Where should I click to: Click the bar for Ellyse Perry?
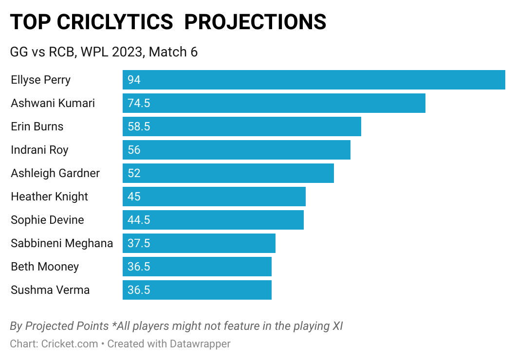[x=314, y=80]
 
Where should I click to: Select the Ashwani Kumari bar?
[x=274, y=103]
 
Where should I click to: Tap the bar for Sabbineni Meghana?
[x=199, y=243]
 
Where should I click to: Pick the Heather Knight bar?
[x=214, y=197]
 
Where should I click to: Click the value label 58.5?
[x=139, y=126]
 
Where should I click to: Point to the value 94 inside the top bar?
[x=134, y=80]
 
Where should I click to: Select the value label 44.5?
[x=139, y=220]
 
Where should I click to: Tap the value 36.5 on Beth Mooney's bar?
[x=139, y=267]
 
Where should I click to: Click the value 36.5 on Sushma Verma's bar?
[x=139, y=290]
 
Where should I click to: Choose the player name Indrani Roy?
[x=39, y=150]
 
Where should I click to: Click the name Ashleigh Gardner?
[x=55, y=173]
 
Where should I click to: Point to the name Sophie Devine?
[x=47, y=220]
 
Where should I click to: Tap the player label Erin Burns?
[x=37, y=126]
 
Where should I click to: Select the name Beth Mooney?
[x=45, y=267]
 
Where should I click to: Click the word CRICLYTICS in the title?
[x=115, y=22]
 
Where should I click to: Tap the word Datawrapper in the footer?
[x=200, y=343]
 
